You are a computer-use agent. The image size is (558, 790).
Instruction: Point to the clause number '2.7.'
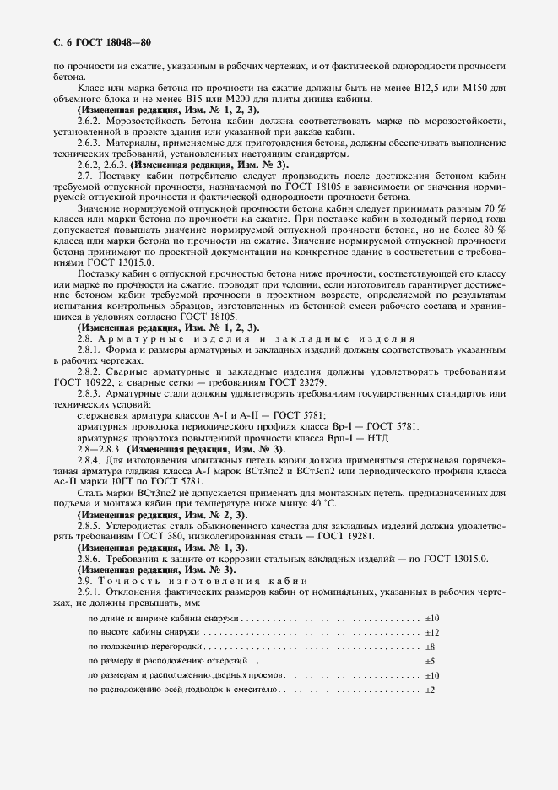click(85, 165)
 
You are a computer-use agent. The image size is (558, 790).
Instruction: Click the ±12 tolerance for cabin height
click(431, 632)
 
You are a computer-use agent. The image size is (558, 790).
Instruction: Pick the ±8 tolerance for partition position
click(430, 647)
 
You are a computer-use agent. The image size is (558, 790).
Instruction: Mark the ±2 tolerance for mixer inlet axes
click(430, 690)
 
